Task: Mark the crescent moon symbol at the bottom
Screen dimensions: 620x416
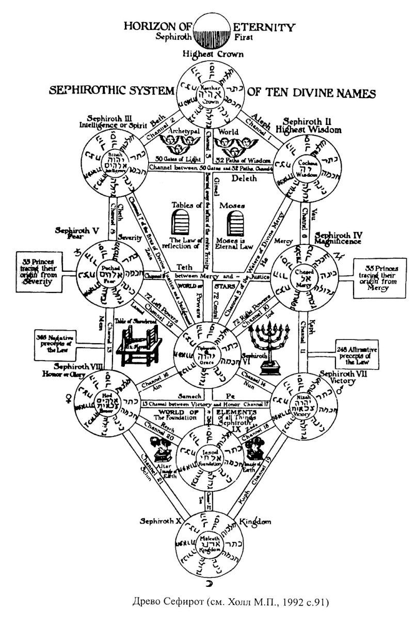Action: click(x=209, y=582)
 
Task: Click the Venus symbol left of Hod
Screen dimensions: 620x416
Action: click(x=67, y=397)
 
